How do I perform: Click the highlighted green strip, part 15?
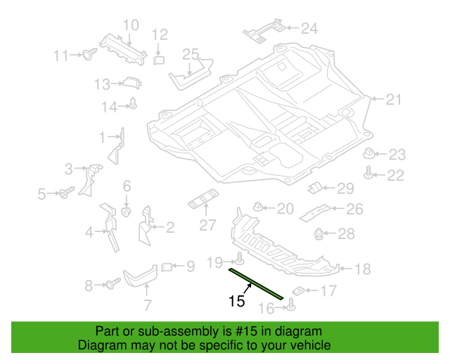pyautogui.click(x=256, y=283)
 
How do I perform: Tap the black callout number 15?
pyautogui.click(x=237, y=301)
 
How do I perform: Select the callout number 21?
pyautogui.click(x=394, y=100)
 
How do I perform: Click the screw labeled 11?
pyautogui.click(x=89, y=53)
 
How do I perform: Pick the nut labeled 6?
pyautogui.click(x=127, y=212)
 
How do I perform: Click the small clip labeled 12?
pyautogui.click(x=159, y=60)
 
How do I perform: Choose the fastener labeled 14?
pyautogui.click(x=133, y=103)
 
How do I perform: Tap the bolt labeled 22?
pyautogui.click(x=368, y=172)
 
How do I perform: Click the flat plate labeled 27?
pyautogui.click(x=203, y=199)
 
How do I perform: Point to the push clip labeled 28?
pyautogui.click(x=319, y=234)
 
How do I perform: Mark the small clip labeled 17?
pyautogui.click(x=298, y=291)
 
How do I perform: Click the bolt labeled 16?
pyautogui.click(x=291, y=304)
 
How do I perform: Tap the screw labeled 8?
pyautogui.click(x=113, y=283)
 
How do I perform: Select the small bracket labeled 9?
pyautogui.click(x=167, y=267)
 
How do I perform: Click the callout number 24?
pyautogui.click(x=309, y=28)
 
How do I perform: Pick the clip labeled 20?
pyautogui.click(x=258, y=206)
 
